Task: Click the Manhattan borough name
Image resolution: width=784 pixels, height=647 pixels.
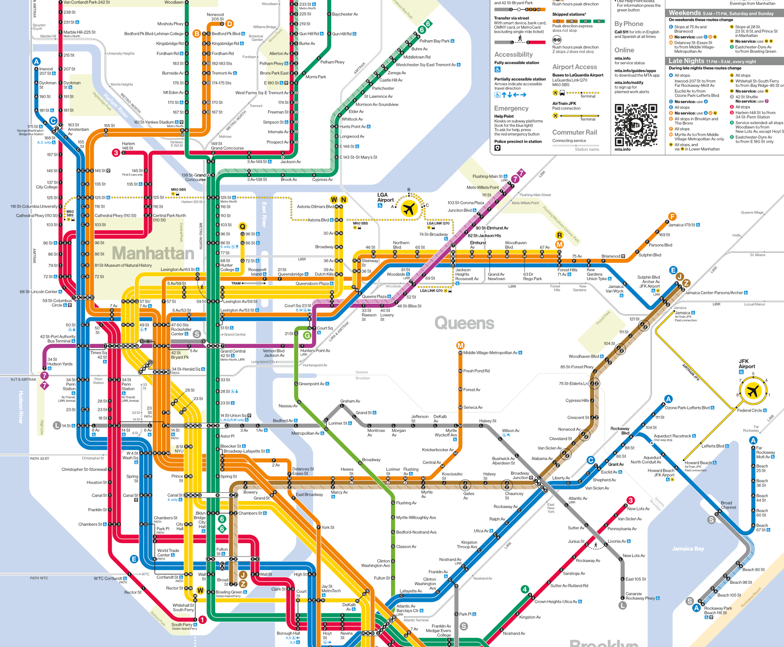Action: click(x=153, y=253)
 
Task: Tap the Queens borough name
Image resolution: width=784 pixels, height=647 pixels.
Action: click(x=464, y=323)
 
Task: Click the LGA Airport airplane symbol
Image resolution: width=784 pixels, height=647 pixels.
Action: click(x=409, y=209)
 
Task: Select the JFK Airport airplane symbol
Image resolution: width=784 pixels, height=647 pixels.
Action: click(x=753, y=391)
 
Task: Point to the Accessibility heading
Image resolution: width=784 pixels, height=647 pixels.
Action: click(x=513, y=54)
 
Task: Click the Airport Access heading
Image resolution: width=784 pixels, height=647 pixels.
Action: click(x=574, y=67)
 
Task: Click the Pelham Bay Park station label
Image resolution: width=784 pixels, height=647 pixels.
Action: click(x=434, y=41)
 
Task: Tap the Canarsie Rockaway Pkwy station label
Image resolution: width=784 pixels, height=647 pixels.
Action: click(x=640, y=596)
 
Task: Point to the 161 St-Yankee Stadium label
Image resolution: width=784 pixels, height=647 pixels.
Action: click(x=154, y=122)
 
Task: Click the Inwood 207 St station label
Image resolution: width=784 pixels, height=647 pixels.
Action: click(x=46, y=71)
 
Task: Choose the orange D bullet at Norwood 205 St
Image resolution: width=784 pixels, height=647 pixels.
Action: click(x=229, y=24)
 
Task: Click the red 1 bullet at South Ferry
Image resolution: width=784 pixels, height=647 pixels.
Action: click(x=202, y=620)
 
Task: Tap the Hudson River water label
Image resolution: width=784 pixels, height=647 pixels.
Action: click(x=21, y=407)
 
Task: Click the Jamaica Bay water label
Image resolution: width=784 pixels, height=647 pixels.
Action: click(x=688, y=549)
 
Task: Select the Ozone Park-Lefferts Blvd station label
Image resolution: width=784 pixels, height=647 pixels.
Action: click(x=687, y=407)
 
